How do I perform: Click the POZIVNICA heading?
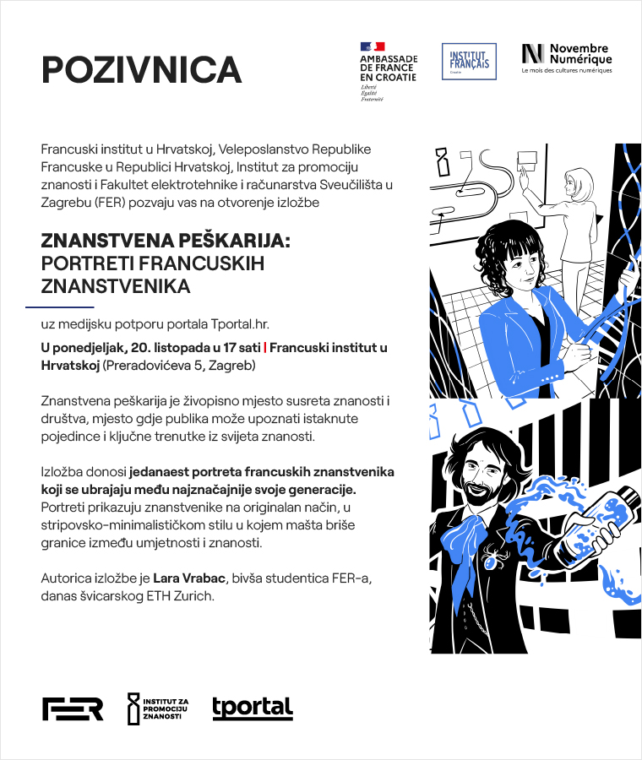point(142,69)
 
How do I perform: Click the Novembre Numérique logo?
point(566,57)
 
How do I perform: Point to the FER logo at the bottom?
point(73,709)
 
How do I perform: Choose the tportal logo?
point(253,708)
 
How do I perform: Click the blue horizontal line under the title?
point(59,307)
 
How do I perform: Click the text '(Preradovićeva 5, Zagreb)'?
point(178,366)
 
